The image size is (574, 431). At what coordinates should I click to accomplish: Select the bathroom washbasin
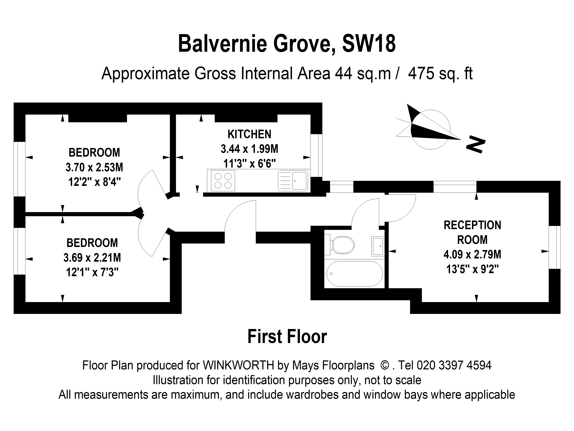click(x=378, y=246)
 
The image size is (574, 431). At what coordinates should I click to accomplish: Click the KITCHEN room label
click(x=249, y=134)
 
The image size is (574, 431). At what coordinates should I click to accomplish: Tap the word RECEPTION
click(x=472, y=225)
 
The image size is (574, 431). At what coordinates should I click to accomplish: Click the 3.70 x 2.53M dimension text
click(x=94, y=167)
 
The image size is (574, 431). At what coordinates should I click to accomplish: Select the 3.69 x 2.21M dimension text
click(x=92, y=258)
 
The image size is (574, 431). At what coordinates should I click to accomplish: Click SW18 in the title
click(x=369, y=44)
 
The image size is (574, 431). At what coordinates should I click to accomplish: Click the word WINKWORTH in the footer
click(x=238, y=365)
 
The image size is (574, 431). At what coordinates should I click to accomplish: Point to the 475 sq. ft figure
click(x=440, y=73)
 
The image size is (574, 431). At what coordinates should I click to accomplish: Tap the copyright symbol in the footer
click(x=385, y=365)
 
